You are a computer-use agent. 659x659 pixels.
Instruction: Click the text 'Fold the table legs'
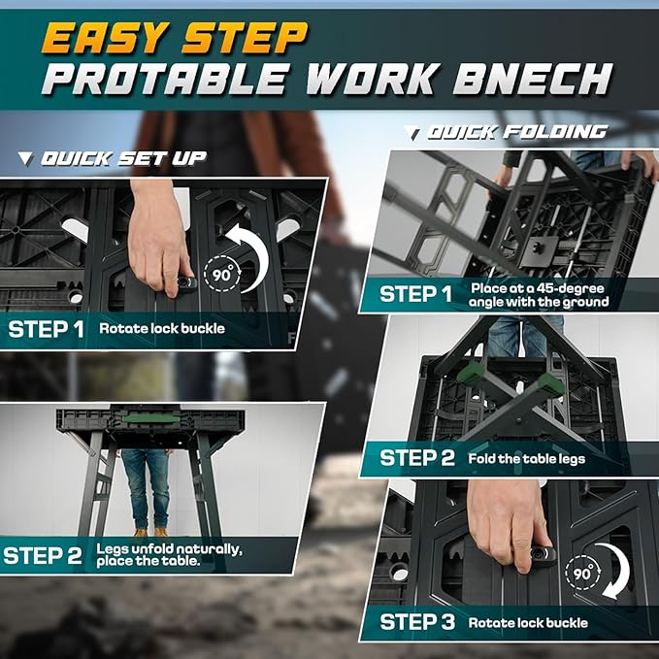point(526,458)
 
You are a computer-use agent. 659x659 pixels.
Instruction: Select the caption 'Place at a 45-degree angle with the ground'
point(539,295)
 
